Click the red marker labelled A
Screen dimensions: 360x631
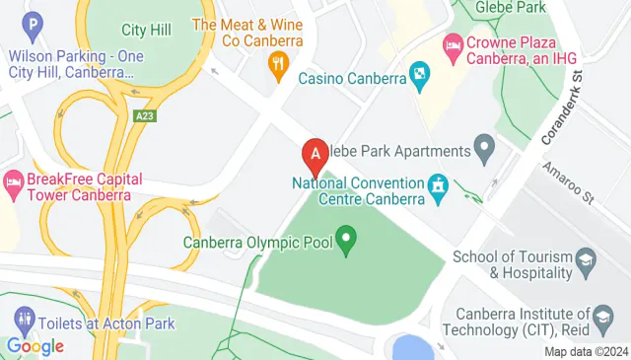pos(315,155)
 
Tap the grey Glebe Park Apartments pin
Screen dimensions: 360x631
pos(484,151)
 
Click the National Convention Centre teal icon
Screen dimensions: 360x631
pos(437,184)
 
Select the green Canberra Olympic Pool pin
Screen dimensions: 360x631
pos(346,239)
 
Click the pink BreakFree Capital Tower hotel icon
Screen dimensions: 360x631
pos(13,182)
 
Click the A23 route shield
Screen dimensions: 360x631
pos(145,116)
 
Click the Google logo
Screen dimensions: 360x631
pos(35,346)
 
